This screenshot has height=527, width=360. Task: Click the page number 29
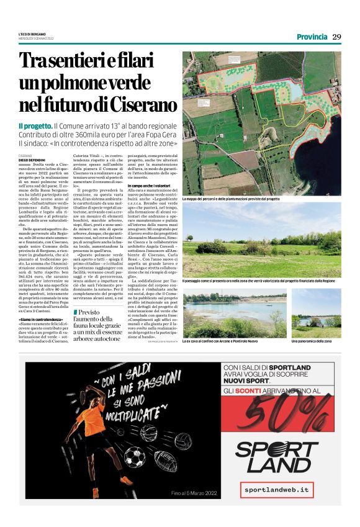(336, 37)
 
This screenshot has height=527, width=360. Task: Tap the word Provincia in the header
(312, 37)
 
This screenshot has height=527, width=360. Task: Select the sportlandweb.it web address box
(276, 490)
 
